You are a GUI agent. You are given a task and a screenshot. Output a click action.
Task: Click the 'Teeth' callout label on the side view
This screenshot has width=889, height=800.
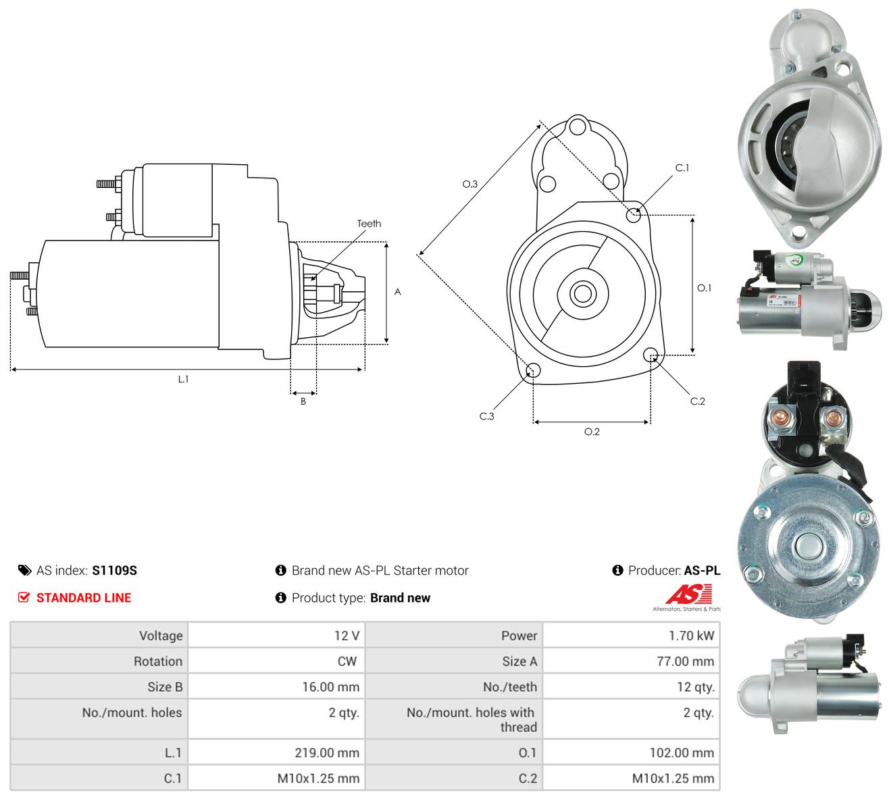(x=369, y=224)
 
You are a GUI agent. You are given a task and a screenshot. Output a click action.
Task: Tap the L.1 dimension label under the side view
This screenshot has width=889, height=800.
(x=183, y=379)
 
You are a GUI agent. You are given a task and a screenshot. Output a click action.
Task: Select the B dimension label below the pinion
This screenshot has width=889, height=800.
(x=303, y=401)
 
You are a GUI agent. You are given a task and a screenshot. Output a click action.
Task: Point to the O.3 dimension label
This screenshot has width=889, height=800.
(x=469, y=184)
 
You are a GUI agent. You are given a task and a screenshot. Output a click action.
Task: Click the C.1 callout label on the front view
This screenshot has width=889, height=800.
(x=682, y=168)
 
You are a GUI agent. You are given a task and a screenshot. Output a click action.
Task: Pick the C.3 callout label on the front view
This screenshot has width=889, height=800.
(x=486, y=416)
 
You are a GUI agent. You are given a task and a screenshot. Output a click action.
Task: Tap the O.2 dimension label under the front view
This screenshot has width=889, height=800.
(x=592, y=432)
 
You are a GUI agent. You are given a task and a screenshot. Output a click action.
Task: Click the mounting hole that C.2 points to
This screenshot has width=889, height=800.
(x=650, y=354)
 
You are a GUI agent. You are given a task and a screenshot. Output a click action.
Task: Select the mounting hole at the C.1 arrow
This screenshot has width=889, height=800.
(x=633, y=215)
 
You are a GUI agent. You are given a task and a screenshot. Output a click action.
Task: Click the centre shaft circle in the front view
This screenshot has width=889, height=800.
(x=582, y=293)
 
